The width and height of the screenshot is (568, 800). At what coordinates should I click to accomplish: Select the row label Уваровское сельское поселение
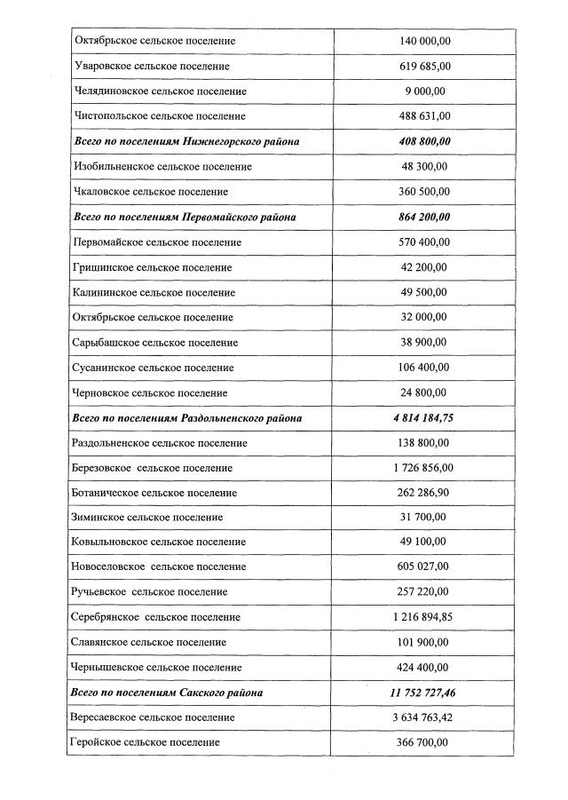coord(152,67)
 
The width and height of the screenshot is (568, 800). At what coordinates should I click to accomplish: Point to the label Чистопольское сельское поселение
coord(161,116)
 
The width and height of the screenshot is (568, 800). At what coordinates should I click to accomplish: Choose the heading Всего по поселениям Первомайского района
coord(185,217)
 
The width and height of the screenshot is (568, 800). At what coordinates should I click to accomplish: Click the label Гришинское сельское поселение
coord(153,267)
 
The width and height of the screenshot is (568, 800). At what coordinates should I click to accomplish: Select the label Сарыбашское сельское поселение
coord(156,343)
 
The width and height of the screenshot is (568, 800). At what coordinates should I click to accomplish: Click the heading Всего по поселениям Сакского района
coord(168,692)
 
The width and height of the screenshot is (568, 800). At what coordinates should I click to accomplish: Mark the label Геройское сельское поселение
coord(146,742)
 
